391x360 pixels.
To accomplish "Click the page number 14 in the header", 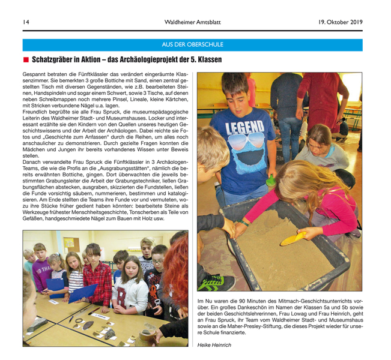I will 26,22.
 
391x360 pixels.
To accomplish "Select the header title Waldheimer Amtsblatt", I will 192,22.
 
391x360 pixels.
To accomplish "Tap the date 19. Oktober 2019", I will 341,22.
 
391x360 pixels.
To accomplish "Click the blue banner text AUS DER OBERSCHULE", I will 192,44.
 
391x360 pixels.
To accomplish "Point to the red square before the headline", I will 26,60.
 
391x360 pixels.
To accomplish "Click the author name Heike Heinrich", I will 214,345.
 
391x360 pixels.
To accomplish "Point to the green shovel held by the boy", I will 271,180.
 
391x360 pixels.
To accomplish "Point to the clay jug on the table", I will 146,331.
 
